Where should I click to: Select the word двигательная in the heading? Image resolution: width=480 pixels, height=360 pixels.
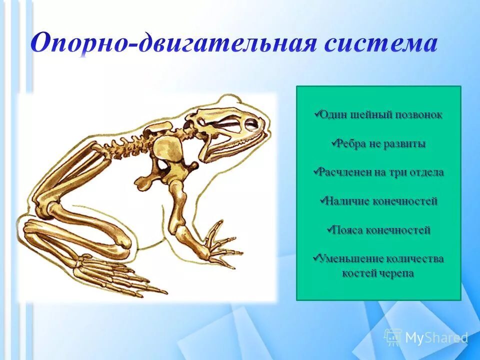tap(227, 44)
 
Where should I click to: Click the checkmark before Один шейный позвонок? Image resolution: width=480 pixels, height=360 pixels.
tap(316, 114)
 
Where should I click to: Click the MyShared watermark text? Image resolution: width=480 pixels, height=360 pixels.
tap(436, 337)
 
